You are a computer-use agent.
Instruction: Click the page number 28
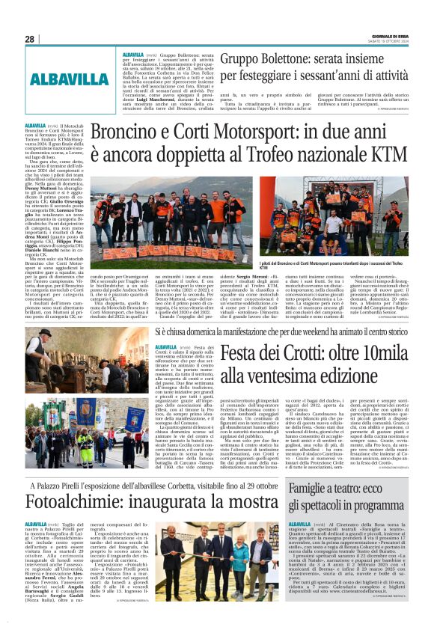(x=29, y=39)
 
